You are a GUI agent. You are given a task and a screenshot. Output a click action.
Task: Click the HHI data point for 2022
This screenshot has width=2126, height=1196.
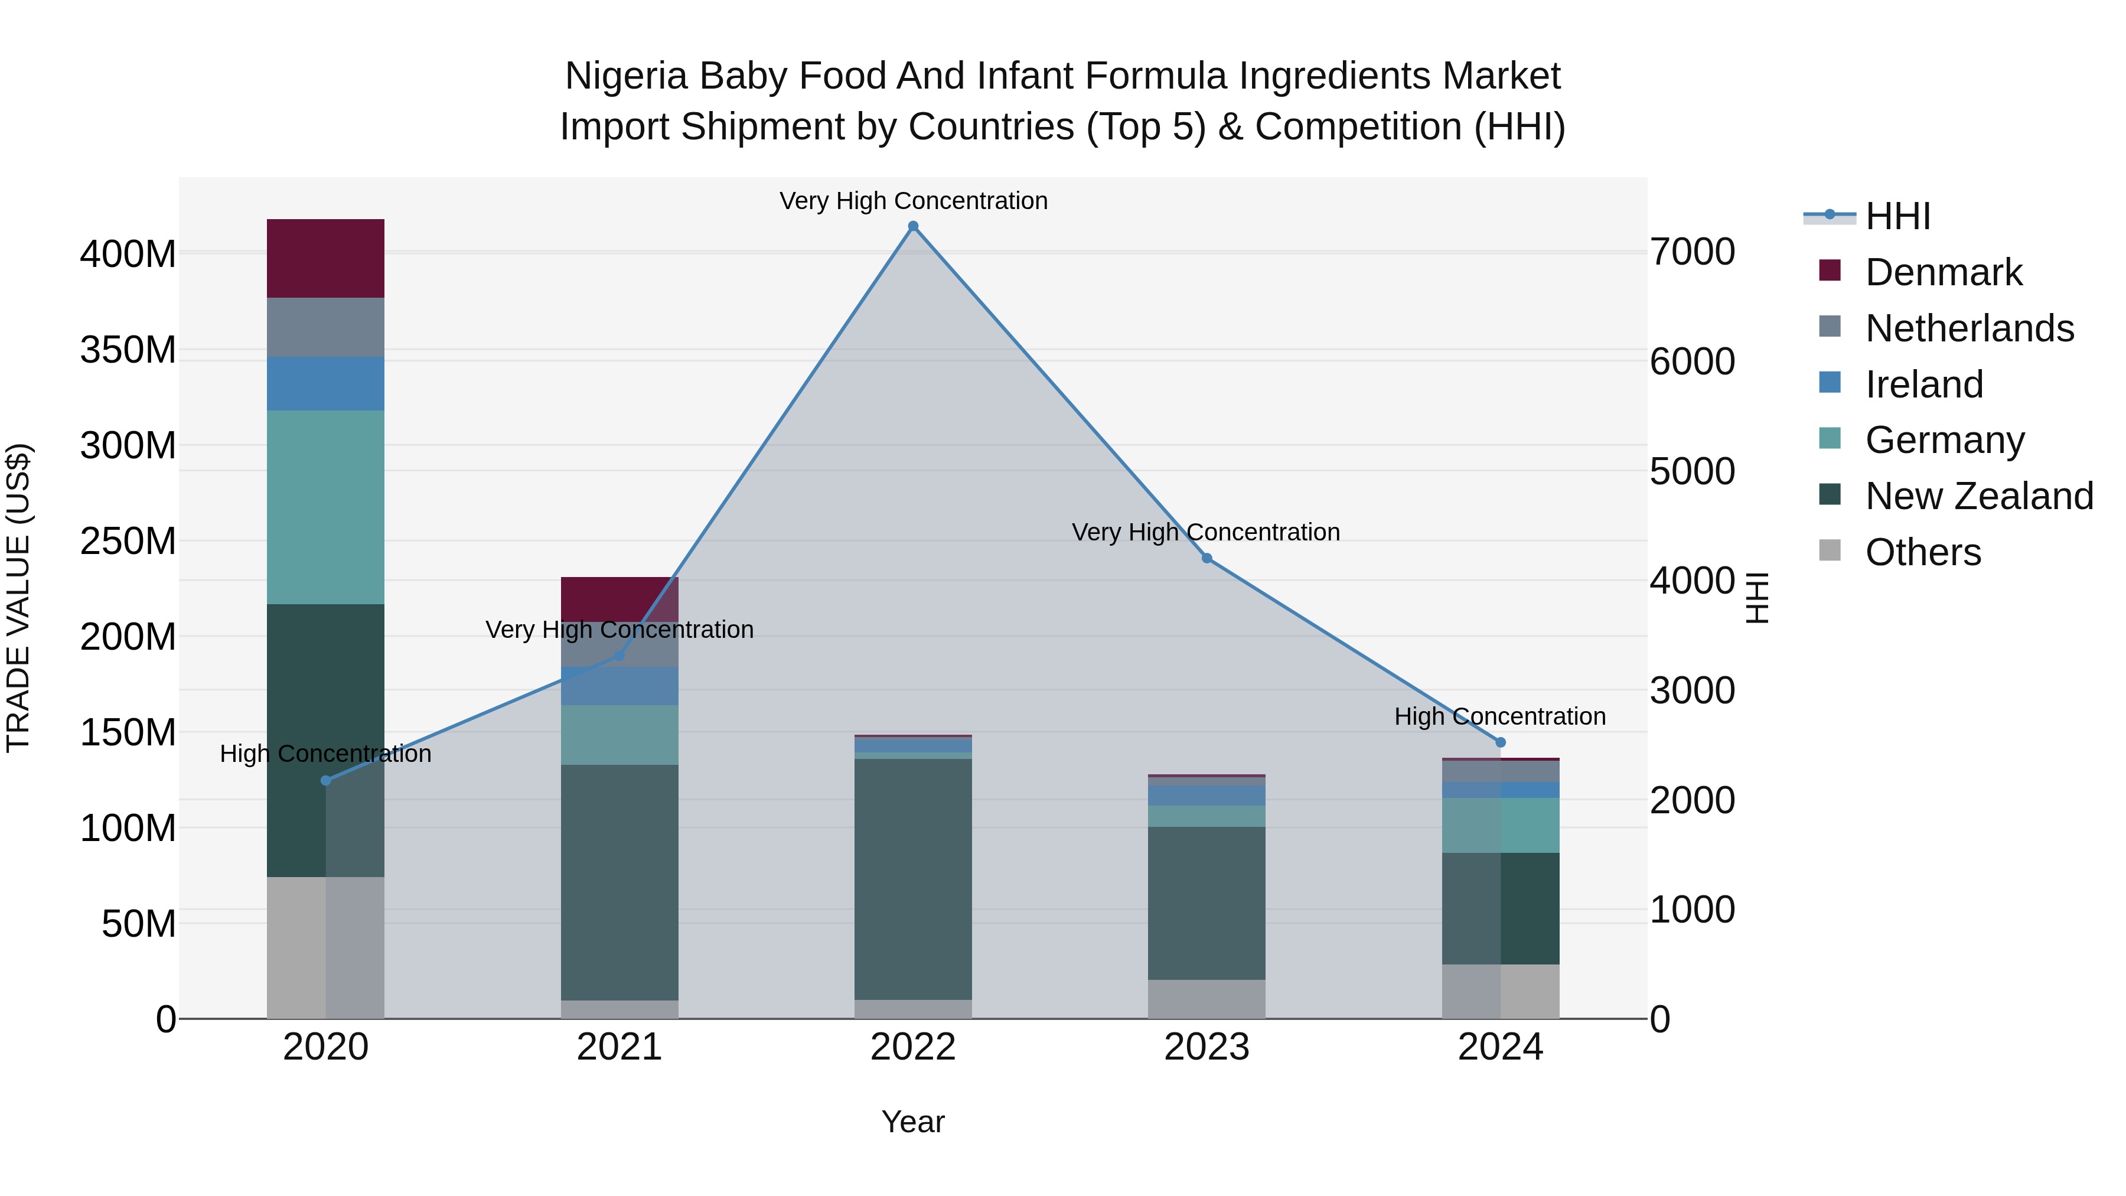tap(913, 226)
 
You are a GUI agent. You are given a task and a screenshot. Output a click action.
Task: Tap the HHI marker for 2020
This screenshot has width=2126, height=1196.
tap(325, 781)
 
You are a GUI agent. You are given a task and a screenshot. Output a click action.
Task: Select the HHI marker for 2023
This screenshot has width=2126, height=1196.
tap(1207, 559)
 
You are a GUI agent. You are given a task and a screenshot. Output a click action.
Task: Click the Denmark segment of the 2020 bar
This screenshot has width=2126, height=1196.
tap(325, 258)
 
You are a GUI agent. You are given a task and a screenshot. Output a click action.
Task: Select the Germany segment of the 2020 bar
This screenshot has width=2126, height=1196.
tap(325, 507)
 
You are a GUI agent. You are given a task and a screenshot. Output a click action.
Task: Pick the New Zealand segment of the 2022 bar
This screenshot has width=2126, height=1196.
tap(913, 879)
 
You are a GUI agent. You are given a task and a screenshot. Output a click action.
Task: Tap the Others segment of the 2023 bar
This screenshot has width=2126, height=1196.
tap(1207, 999)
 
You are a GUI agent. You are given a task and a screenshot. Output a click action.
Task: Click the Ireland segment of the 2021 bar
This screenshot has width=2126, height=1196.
tap(619, 686)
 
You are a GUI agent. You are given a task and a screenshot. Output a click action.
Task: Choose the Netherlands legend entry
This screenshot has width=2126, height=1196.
tap(1968, 328)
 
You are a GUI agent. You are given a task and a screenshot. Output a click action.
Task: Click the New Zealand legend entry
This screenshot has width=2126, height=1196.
tap(1978, 496)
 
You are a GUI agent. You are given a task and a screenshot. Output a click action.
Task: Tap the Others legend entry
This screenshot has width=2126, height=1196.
tap(1922, 552)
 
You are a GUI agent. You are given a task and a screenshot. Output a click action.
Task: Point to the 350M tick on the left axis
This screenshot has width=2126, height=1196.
tap(128, 350)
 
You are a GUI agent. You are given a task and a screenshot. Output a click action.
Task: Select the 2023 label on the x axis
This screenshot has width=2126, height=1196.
tap(1207, 1047)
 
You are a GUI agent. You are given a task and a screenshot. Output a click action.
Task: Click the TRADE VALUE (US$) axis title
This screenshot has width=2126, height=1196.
tap(18, 598)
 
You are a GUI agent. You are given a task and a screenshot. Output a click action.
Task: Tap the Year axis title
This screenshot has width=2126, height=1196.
tap(913, 1122)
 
